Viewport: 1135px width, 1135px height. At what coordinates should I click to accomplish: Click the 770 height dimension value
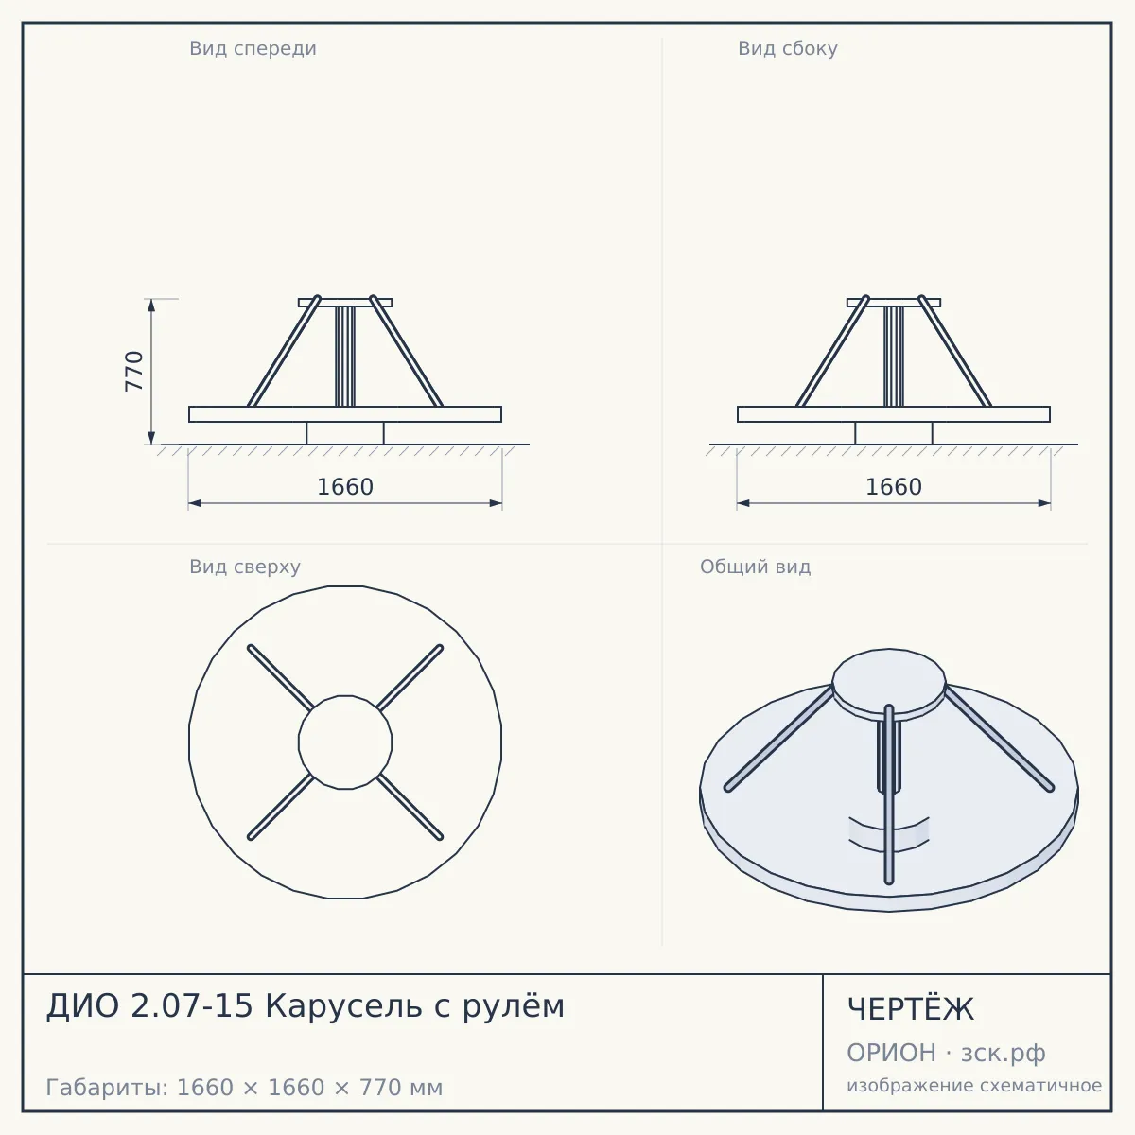(x=134, y=371)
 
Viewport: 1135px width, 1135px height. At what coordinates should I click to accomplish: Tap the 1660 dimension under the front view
(x=345, y=487)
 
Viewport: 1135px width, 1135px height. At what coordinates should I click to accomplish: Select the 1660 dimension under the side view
(x=894, y=487)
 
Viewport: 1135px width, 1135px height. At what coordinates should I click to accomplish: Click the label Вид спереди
(x=253, y=48)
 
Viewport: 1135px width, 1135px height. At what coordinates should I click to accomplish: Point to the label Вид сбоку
(x=788, y=48)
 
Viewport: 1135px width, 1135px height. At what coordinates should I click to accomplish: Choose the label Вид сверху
(x=244, y=567)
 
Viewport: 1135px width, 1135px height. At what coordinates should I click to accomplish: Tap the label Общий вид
(x=755, y=567)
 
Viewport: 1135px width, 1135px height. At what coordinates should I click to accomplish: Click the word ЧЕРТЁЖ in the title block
(x=910, y=1009)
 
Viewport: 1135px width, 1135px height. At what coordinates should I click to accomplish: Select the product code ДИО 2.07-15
(x=149, y=1005)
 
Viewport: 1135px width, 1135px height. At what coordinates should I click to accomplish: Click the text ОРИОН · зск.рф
(x=946, y=1053)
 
